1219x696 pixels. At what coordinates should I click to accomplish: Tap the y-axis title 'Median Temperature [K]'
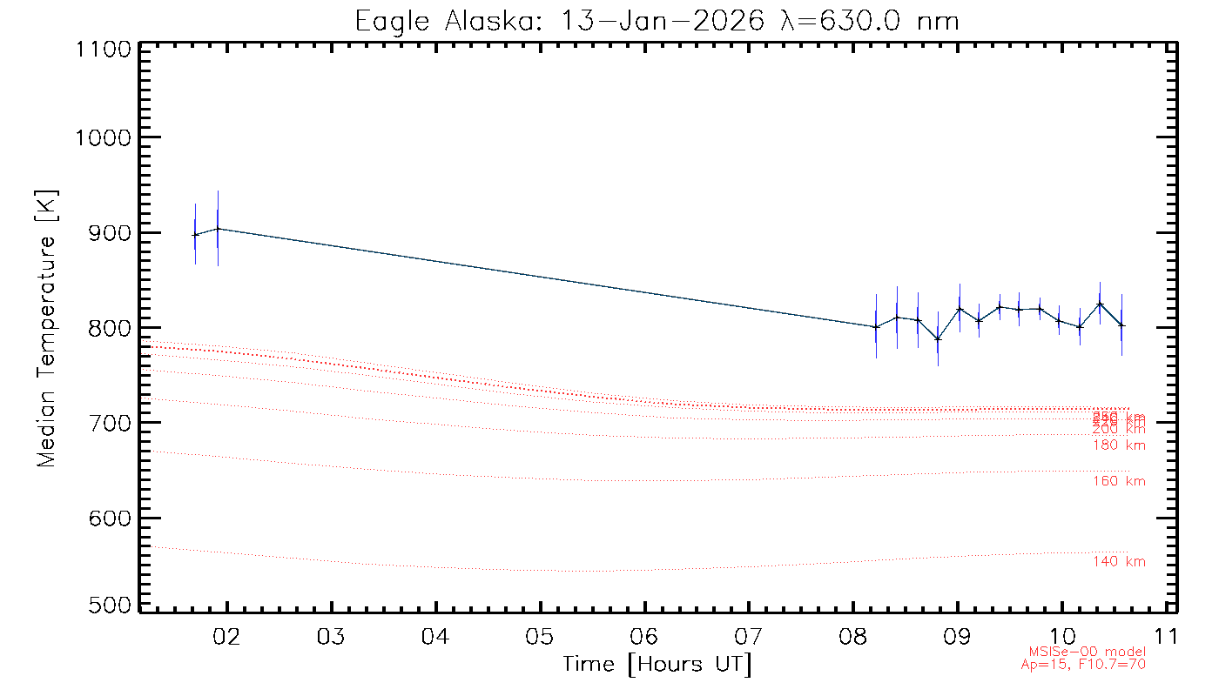(46, 328)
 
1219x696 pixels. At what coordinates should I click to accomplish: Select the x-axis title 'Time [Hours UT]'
(657, 665)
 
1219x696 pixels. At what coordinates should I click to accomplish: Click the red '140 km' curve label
(1119, 562)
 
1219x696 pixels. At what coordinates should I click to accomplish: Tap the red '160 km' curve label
(1119, 481)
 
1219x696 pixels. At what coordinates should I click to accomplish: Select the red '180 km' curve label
(1119, 445)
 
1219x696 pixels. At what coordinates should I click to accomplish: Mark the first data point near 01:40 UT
(195, 234)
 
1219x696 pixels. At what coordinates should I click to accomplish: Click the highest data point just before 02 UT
(218, 229)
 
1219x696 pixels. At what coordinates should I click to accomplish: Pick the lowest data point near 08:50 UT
(938, 338)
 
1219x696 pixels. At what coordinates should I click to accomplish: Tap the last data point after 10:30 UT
(1121, 325)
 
